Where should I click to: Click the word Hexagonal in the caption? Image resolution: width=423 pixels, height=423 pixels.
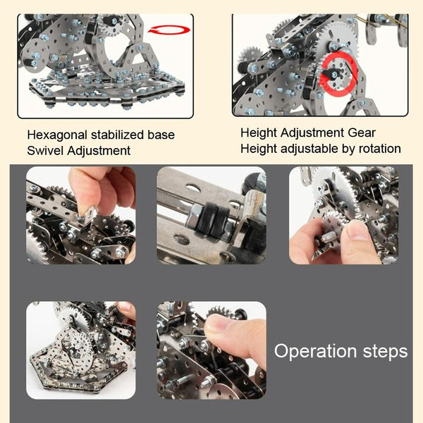tap(57, 135)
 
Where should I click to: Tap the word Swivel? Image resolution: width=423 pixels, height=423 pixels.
tap(45, 151)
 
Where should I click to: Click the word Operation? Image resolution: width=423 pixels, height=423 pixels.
tap(316, 352)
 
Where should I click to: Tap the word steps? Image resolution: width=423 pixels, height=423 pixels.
tap(385, 352)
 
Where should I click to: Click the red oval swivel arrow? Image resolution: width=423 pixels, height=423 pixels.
tap(169, 30)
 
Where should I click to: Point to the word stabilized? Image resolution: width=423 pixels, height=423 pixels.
tap(117, 135)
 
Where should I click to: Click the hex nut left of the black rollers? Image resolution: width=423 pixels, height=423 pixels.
tap(191, 215)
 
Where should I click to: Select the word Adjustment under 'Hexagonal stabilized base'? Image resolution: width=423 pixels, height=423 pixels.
tap(99, 151)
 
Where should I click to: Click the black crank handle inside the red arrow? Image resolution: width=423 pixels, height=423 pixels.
tap(331, 73)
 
